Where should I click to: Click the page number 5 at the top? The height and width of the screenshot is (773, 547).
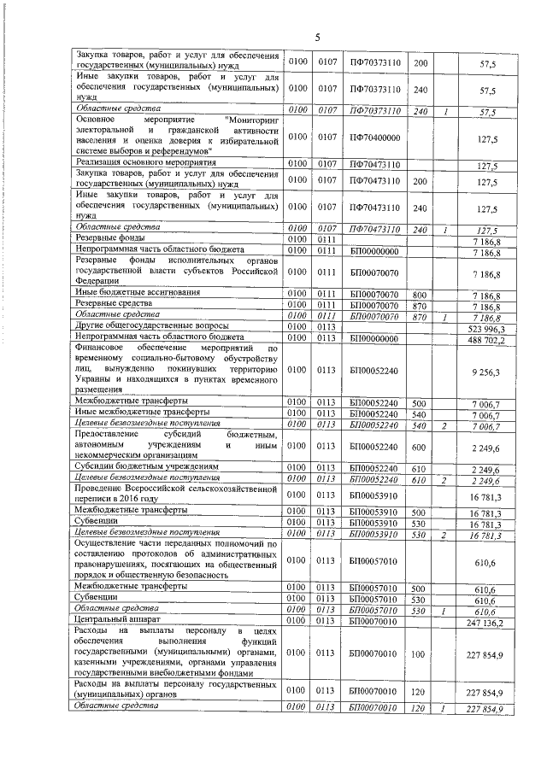316,37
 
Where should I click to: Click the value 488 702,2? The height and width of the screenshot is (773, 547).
480,338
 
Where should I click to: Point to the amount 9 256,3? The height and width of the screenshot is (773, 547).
484,372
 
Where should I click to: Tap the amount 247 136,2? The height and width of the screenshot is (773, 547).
480,623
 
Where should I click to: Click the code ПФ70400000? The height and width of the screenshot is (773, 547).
375,137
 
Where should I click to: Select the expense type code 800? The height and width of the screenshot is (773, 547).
420,293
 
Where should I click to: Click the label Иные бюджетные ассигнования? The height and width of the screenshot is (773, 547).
138,293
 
